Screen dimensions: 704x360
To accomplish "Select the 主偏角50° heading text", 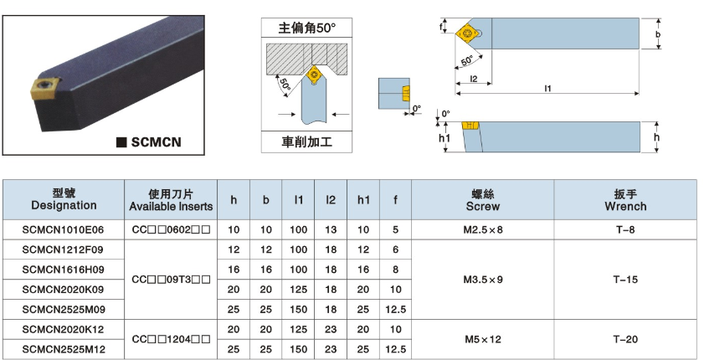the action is (x=306, y=28).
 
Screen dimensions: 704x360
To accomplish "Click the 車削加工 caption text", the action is (x=306, y=142).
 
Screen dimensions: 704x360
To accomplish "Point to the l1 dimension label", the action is (x=547, y=88).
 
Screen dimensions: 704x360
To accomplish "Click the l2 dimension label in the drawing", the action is (x=473, y=79).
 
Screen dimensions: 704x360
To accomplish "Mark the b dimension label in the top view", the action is (x=658, y=34).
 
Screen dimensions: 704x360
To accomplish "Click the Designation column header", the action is (x=64, y=199).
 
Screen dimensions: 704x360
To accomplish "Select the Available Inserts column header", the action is (x=171, y=199).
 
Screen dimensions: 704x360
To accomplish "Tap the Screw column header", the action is (x=483, y=199).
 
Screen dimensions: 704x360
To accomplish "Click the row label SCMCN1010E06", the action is (x=64, y=229).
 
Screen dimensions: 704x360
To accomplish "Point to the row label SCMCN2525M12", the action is (x=64, y=349).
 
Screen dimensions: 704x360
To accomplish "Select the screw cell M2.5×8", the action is (x=483, y=229).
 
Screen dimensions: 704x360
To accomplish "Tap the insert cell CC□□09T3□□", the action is (x=171, y=279).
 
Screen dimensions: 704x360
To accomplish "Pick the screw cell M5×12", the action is (x=483, y=339).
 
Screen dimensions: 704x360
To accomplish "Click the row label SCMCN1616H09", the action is (x=64, y=269).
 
